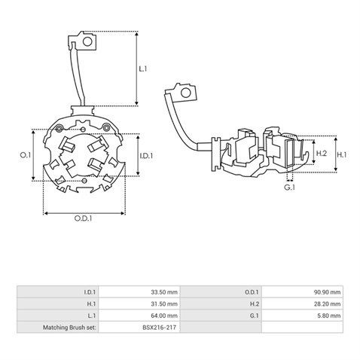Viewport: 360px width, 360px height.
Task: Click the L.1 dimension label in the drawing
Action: [x=143, y=69]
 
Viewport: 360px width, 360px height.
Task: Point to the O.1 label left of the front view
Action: [x=26, y=155]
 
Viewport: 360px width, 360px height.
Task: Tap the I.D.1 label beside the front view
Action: [x=146, y=156]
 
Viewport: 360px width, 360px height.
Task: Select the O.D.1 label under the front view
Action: [x=83, y=218]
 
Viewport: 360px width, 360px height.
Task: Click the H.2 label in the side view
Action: [x=322, y=153]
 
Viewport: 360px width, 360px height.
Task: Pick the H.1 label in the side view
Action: [x=341, y=155]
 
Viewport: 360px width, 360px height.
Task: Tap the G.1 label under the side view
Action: [x=289, y=187]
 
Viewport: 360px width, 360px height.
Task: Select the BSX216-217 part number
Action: [x=160, y=328]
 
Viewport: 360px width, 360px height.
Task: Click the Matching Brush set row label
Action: [x=69, y=328]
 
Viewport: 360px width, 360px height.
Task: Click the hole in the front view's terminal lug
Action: [x=87, y=41]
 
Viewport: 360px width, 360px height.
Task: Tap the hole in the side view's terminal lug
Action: [x=186, y=93]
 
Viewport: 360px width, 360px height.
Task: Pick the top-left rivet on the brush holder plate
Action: [x=59, y=129]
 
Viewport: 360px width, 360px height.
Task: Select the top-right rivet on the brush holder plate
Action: [x=106, y=128]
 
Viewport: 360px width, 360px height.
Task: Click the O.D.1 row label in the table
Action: [x=252, y=292]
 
